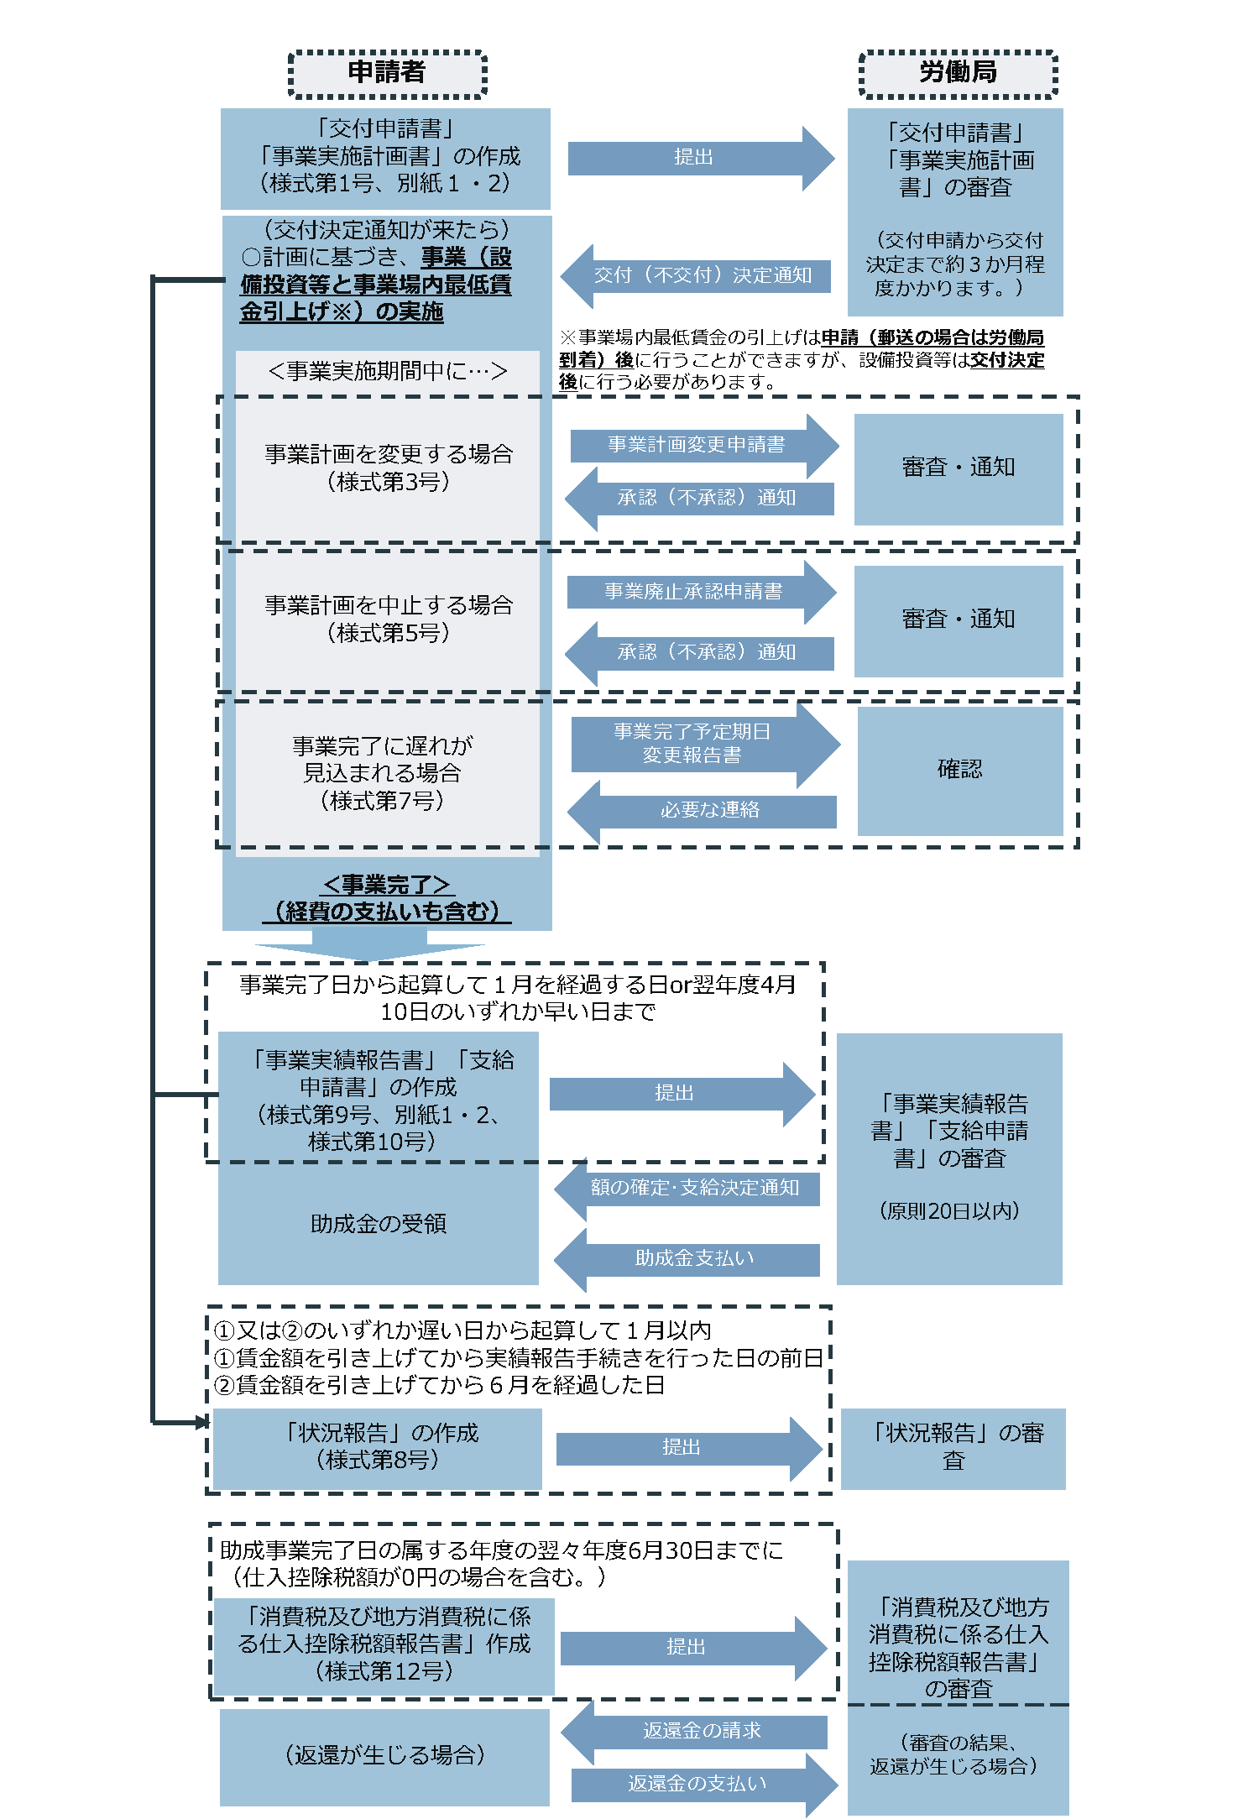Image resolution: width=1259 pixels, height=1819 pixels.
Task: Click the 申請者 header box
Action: click(x=387, y=74)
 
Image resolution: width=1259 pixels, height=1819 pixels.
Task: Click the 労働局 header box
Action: click(x=958, y=74)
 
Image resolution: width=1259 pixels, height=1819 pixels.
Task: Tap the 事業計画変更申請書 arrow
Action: click(x=697, y=445)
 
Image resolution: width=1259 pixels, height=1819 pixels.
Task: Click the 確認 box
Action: click(x=959, y=770)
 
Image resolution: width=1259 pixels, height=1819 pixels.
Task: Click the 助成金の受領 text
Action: click(x=379, y=1224)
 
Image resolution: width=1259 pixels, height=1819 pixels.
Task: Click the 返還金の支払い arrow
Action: click(x=697, y=1784)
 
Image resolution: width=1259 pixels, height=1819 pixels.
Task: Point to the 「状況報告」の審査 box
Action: click(x=953, y=1447)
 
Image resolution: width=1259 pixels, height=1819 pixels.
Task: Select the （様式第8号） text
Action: click(x=378, y=1461)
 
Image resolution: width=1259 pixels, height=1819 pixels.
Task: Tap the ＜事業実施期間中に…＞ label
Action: click(x=387, y=371)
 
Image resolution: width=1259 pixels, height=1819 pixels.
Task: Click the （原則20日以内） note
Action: click(x=949, y=1211)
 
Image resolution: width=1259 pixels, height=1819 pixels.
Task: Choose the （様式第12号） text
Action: click(x=384, y=1671)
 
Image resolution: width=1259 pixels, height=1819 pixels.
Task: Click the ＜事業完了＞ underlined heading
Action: click(x=387, y=885)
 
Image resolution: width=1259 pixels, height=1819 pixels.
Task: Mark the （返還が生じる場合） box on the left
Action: click(x=384, y=1756)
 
